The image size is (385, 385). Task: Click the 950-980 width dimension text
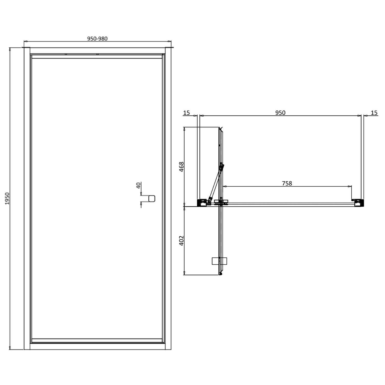[97, 39]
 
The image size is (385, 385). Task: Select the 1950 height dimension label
[7, 198]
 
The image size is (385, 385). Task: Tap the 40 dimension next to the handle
[139, 185]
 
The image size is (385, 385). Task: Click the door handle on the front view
[152, 198]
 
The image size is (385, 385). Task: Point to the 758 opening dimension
[287, 183]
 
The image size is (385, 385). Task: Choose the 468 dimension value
[181, 167]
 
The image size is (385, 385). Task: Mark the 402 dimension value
[181, 240]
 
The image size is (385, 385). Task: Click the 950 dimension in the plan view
[280, 113]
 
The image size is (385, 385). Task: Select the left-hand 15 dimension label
[187, 113]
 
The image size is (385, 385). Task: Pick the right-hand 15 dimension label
[374, 113]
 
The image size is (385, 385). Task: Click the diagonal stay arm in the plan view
[216, 182]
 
